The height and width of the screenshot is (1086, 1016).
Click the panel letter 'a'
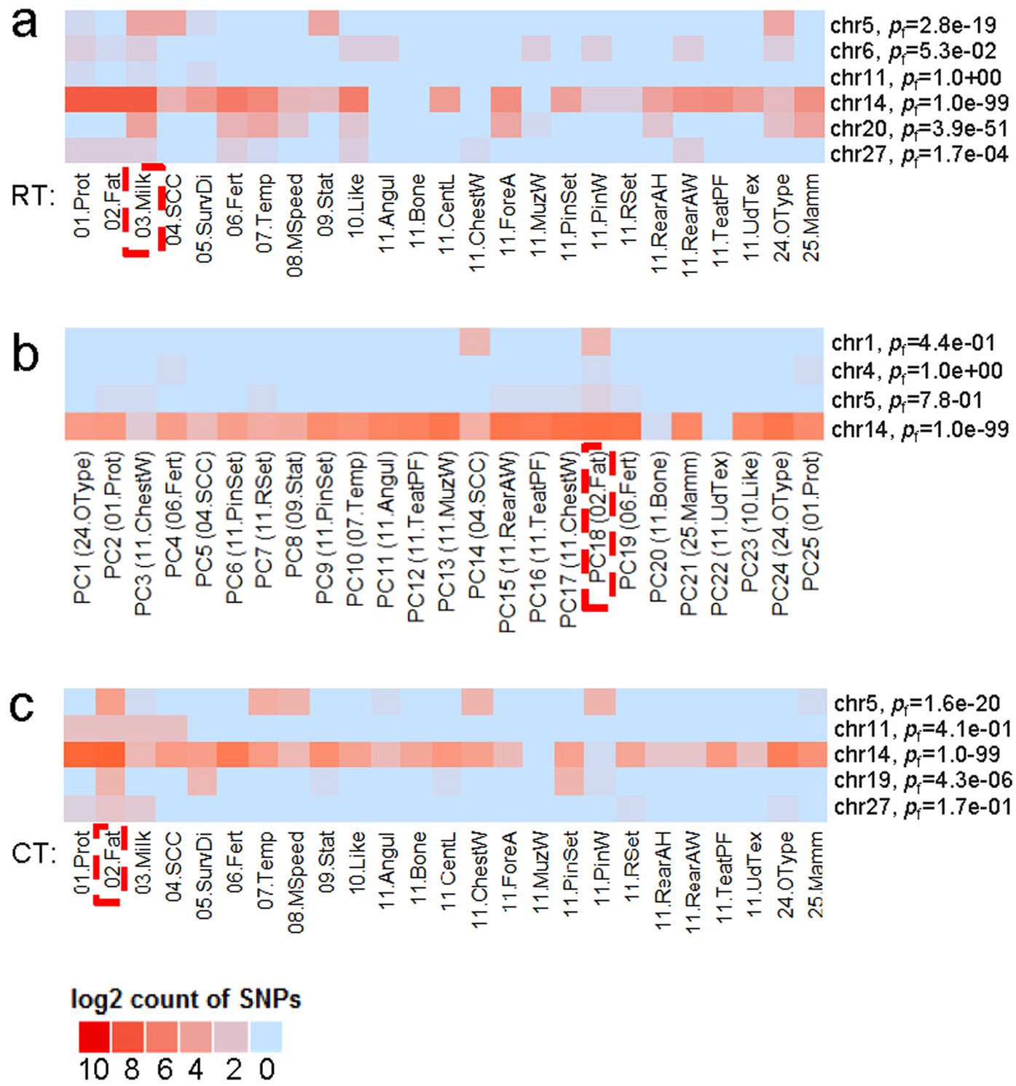25,25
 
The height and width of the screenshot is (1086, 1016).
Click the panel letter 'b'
26,355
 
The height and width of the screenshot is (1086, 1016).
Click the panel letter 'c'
23,705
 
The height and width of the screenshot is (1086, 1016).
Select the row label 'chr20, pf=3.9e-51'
918,129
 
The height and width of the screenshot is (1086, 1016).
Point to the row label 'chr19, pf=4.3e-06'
923,780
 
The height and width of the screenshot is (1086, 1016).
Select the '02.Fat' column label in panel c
111,862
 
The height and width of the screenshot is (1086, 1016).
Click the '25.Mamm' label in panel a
810,217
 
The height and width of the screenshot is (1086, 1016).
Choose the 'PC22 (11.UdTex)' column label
718,535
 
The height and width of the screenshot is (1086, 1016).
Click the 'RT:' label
34,196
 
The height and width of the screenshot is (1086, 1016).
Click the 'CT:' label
34,853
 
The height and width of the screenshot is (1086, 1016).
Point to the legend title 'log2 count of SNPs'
185,999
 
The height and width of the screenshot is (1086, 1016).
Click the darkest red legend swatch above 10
94,1036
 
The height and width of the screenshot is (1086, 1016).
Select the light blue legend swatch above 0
266,1036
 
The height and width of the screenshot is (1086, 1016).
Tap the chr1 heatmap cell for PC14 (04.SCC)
475,342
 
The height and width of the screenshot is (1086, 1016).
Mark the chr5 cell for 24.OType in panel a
779,23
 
